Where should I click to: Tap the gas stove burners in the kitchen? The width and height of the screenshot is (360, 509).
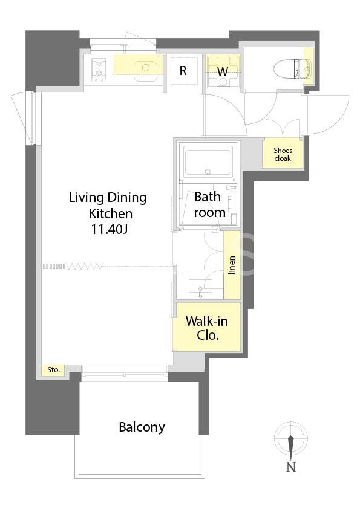coord(99,70)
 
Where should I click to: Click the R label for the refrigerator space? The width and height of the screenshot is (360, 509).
coord(183,71)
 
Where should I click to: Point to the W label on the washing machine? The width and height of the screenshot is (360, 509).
coord(223,71)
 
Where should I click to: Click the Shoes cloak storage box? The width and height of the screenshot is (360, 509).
coord(283,154)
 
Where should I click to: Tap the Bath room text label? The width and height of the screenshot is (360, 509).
coord(209,204)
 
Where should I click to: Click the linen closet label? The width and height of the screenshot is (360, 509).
coord(231,265)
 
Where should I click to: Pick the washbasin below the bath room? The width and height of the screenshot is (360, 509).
coord(200,287)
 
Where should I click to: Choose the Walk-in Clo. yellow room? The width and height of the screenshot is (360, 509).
coord(207,326)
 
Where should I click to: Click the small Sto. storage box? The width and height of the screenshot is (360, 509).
coord(54,370)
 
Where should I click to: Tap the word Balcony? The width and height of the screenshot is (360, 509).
coord(142,427)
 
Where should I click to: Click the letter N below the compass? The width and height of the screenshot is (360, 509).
coord(291,467)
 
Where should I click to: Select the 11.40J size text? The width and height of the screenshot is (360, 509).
coord(109,229)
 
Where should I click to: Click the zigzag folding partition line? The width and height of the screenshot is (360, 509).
coord(84,267)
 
